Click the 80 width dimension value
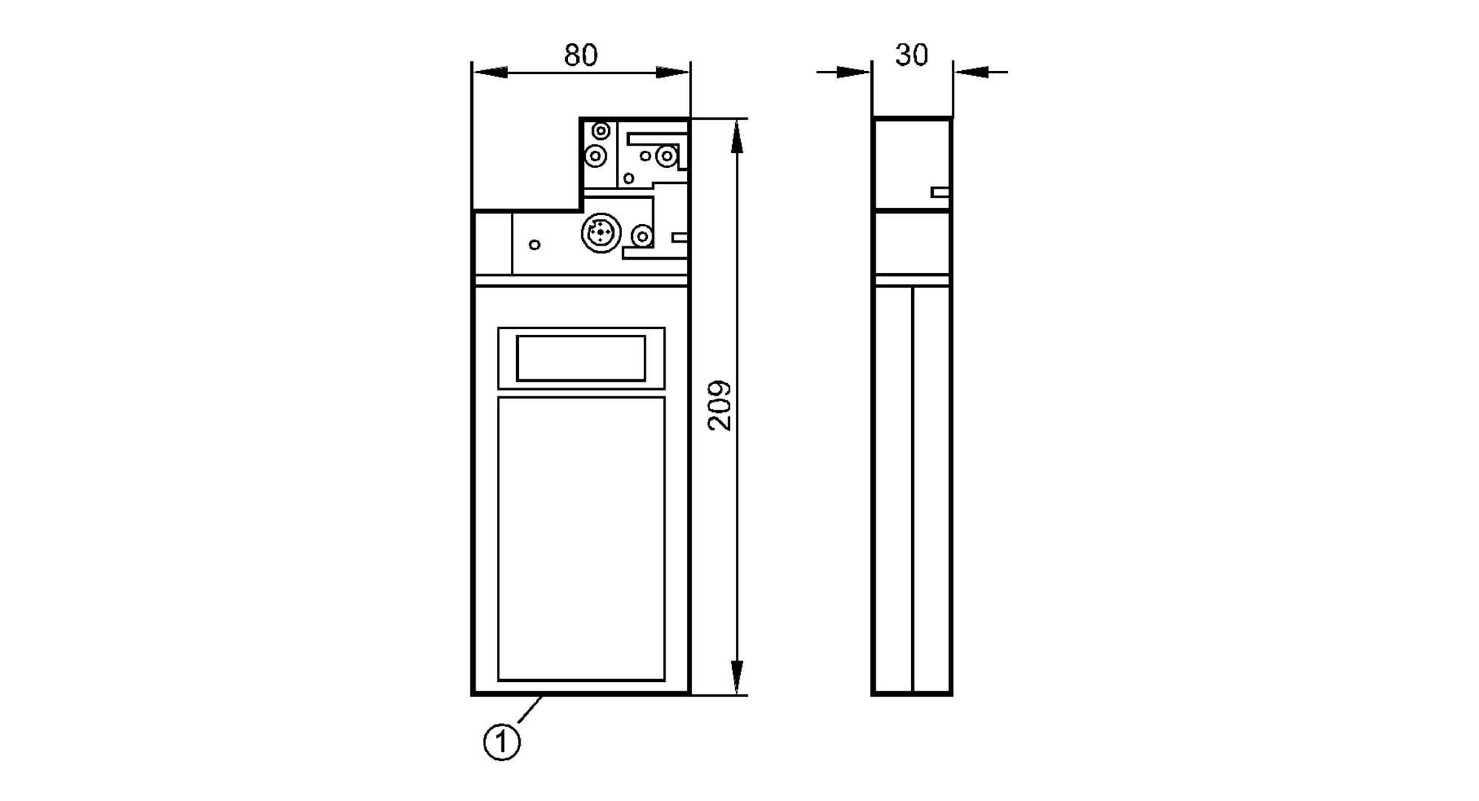pos(581,55)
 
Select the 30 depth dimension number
pos(911,55)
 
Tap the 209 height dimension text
pos(720,405)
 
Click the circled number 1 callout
pos(502,742)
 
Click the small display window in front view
pos(581,358)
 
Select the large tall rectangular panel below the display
pos(581,538)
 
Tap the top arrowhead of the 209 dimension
pos(737,137)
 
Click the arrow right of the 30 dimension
pos(971,72)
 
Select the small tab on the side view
pos(939,192)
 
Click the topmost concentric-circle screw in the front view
pos(601,132)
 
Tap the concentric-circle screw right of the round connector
pos(643,237)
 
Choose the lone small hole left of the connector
pos(535,245)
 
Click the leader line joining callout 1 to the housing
pos(530,709)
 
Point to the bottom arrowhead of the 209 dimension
pos(737,677)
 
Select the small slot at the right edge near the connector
pos(680,237)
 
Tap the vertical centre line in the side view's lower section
pos(913,488)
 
